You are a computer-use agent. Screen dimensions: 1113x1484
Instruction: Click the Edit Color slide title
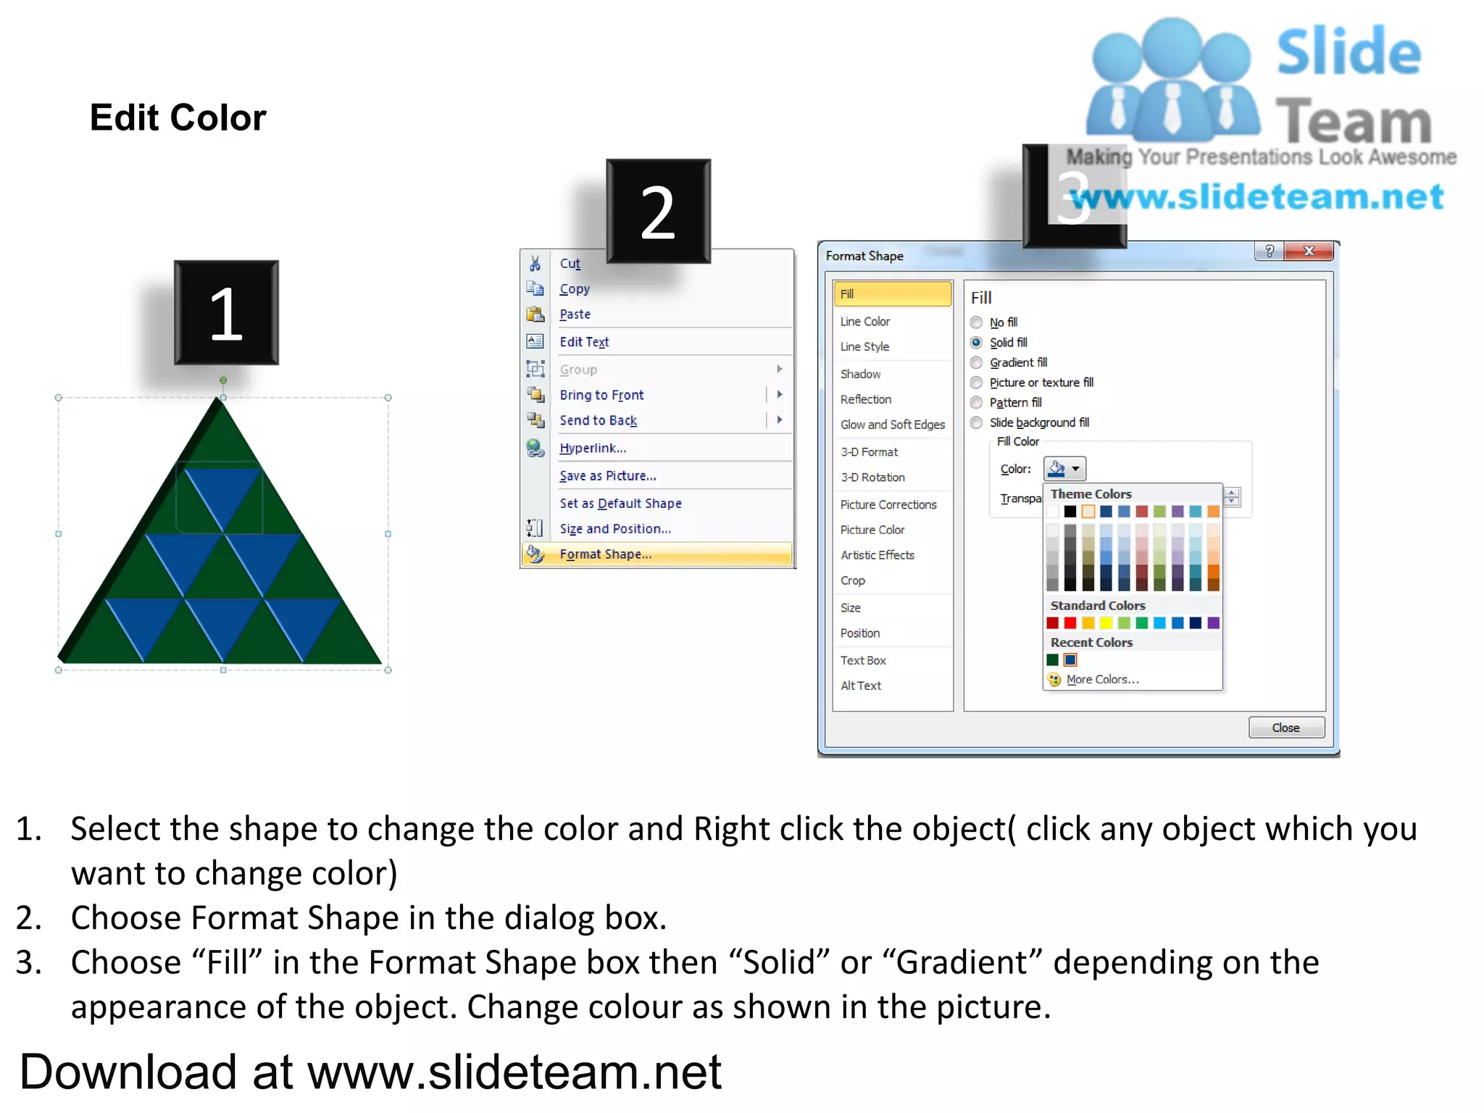tap(178, 117)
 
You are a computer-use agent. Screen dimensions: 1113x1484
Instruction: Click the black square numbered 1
tap(226, 312)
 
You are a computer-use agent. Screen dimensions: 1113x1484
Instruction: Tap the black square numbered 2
tap(658, 211)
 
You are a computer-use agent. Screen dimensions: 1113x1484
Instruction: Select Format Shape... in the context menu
tap(605, 554)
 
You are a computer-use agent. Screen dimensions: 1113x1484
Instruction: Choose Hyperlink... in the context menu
tap(592, 449)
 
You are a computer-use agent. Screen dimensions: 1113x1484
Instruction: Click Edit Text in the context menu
tap(584, 342)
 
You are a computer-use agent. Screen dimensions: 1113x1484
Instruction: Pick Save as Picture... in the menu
tap(607, 476)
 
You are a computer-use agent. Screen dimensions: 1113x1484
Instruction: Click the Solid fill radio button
tap(977, 343)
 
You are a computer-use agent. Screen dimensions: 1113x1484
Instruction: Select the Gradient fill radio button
tap(977, 362)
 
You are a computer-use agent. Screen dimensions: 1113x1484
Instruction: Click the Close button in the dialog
tap(1285, 728)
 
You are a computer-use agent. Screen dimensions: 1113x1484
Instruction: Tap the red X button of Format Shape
tap(1309, 251)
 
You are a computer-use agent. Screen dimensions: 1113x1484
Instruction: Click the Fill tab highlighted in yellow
tap(892, 293)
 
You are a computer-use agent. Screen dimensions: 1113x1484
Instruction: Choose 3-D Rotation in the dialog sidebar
tap(872, 478)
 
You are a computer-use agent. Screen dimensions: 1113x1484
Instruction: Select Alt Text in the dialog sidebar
tap(861, 685)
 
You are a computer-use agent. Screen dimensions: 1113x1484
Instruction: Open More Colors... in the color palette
tap(1102, 680)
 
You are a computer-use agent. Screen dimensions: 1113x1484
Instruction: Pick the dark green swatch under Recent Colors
tap(1053, 660)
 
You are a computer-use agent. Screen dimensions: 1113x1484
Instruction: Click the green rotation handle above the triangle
tap(223, 380)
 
